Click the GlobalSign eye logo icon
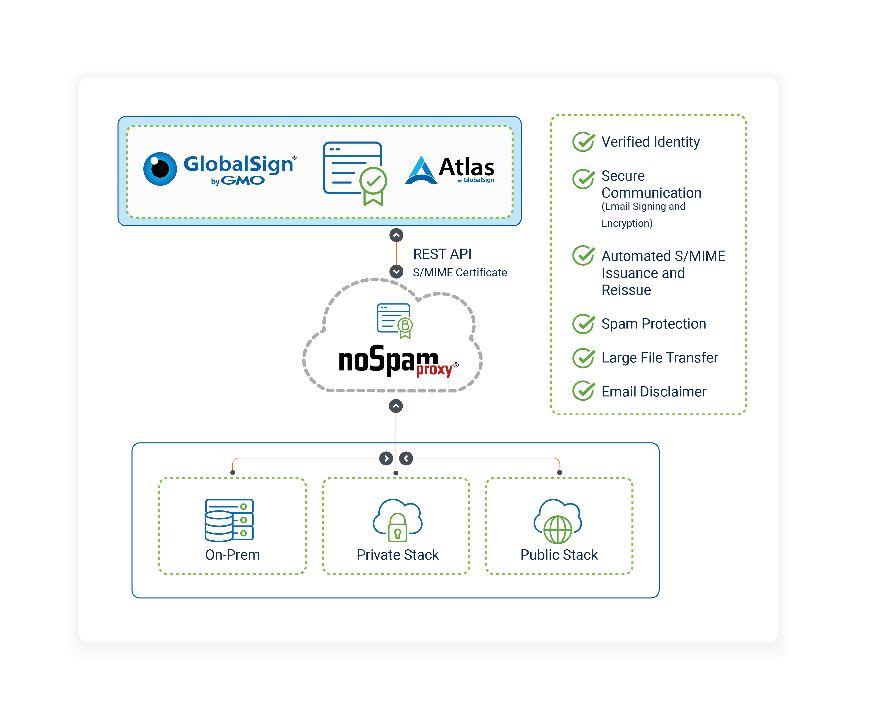160,169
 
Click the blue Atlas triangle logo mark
421,171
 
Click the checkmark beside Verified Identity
583,142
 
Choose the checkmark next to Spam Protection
583,324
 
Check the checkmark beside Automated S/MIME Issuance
583,256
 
